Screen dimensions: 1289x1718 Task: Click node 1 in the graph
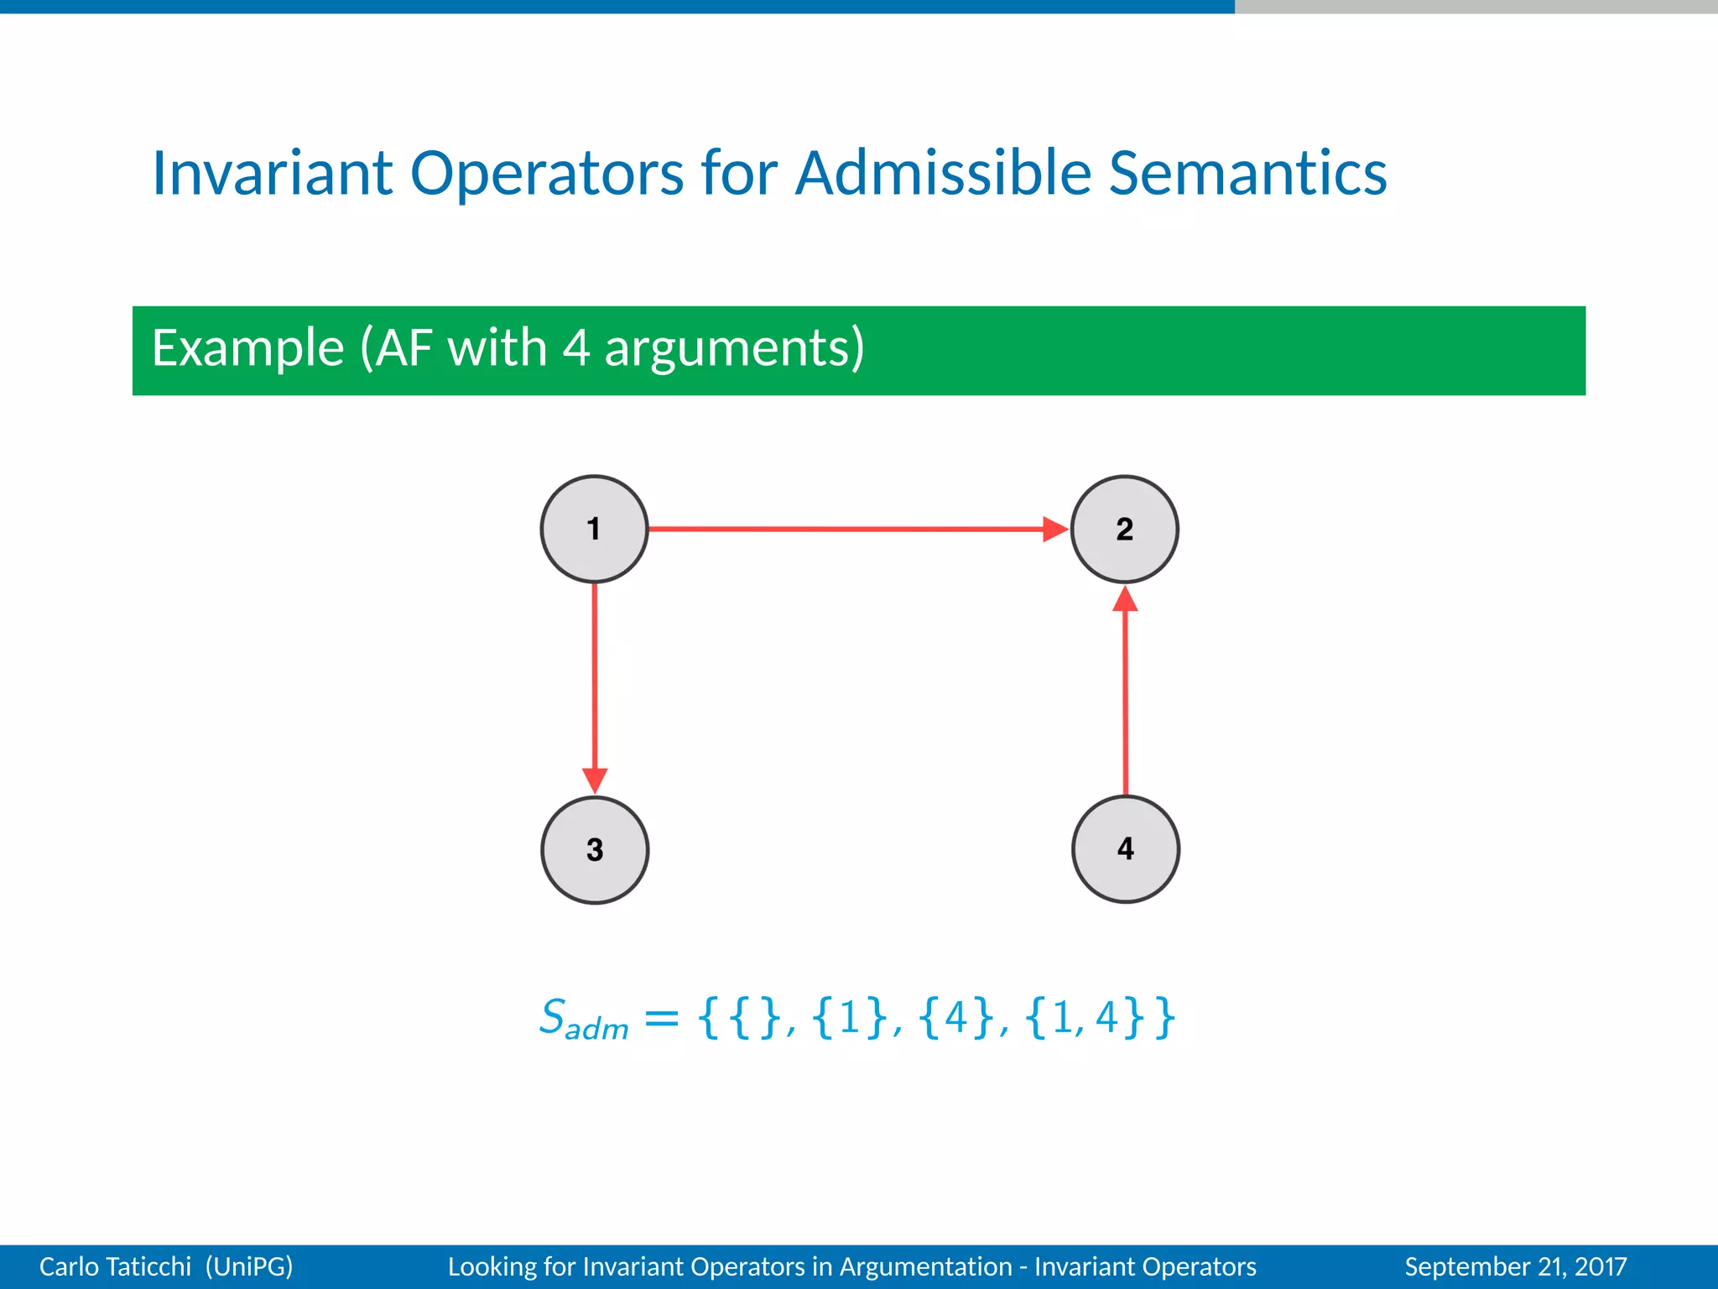pyautogui.click(x=594, y=530)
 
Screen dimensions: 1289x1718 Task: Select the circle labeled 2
pyautogui.click(x=1124, y=530)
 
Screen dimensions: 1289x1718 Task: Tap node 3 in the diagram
pyautogui.click(x=595, y=849)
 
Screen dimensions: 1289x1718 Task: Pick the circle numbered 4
pyautogui.click(x=1126, y=848)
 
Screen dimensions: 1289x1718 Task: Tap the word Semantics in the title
pyautogui.click(x=1247, y=174)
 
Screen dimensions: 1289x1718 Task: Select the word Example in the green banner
pyautogui.click(x=248, y=348)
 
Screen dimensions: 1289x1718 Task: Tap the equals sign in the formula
pyautogui.click(x=661, y=1019)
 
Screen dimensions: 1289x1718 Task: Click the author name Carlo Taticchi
pyautogui.click(x=115, y=1266)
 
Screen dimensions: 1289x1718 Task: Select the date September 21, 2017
pyautogui.click(x=1515, y=1266)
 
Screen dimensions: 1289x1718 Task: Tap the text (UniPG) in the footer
pyautogui.click(x=249, y=1266)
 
